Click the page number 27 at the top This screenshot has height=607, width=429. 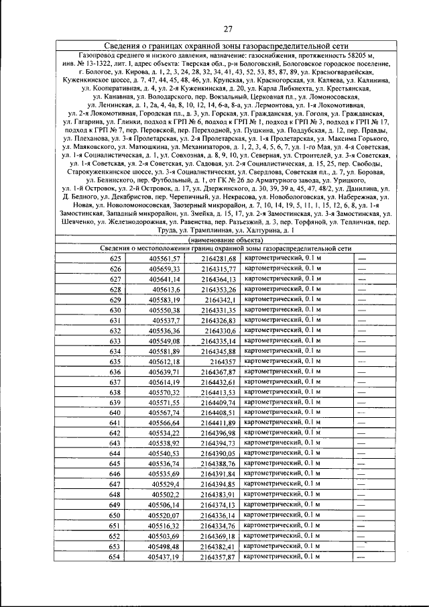click(x=227, y=28)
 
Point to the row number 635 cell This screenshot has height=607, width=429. click(x=116, y=362)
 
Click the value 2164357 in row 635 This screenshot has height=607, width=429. click(x=224, y=362)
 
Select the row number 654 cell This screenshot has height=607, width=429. click(x=116, y=557)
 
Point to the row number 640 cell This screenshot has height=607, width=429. click(x=116, y=412)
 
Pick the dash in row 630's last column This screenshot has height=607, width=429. click(x=363, y=310)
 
